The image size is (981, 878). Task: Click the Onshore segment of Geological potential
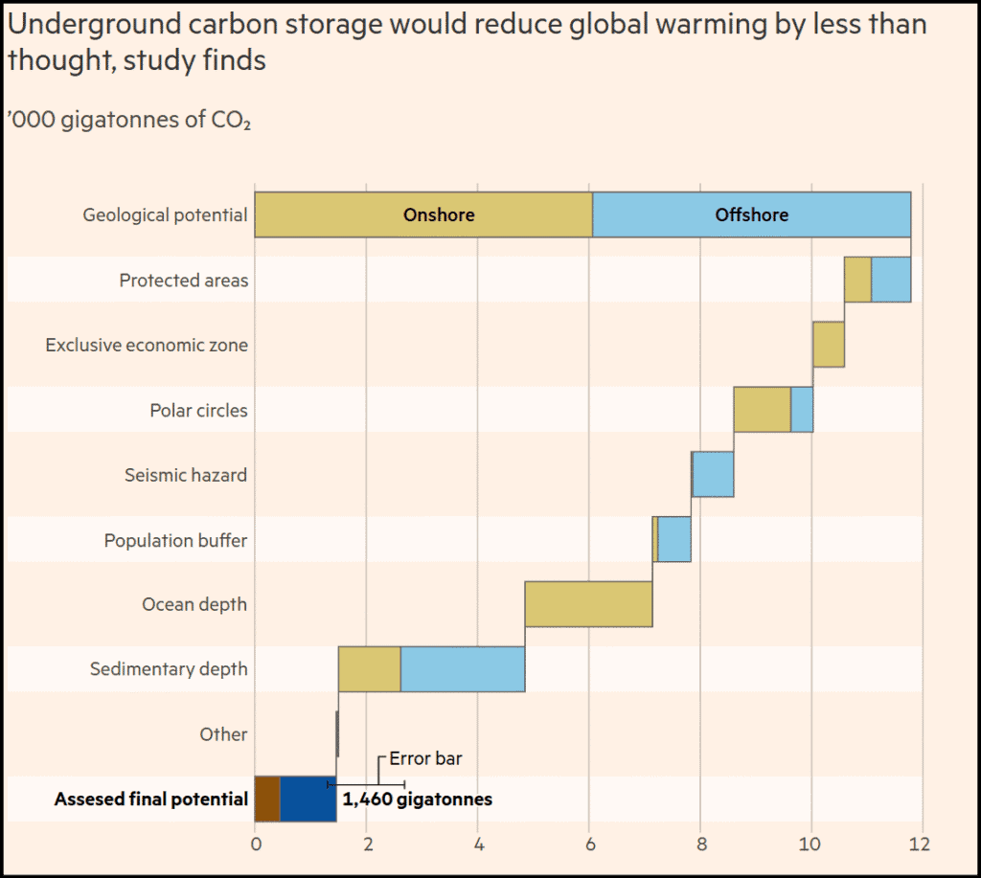tap(422, 214)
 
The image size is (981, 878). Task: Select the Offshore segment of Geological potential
tap(751, 214)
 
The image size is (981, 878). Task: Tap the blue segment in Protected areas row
tap(890, 280)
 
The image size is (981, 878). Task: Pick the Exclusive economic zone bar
tap(829, 345)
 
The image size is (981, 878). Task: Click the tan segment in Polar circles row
tap(762, 410)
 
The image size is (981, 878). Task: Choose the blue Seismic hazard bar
tap(713, 475)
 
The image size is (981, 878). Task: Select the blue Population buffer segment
tap(674, 539)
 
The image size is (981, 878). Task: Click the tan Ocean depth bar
tap(588, 604)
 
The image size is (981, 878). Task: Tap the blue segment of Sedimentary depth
tap(462, 669)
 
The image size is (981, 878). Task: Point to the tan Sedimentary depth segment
tap(369, 669)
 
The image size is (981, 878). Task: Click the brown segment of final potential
tap(267, 799)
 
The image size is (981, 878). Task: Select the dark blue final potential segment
tap(308, 799)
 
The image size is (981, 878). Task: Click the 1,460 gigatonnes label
tap(417, 799)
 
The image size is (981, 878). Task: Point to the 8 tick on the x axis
tap(701, 844)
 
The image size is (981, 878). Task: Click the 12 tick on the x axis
tap(920, 844)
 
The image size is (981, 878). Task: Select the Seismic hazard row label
tap(186, 475)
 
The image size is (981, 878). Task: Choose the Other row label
tap(223, 734)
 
